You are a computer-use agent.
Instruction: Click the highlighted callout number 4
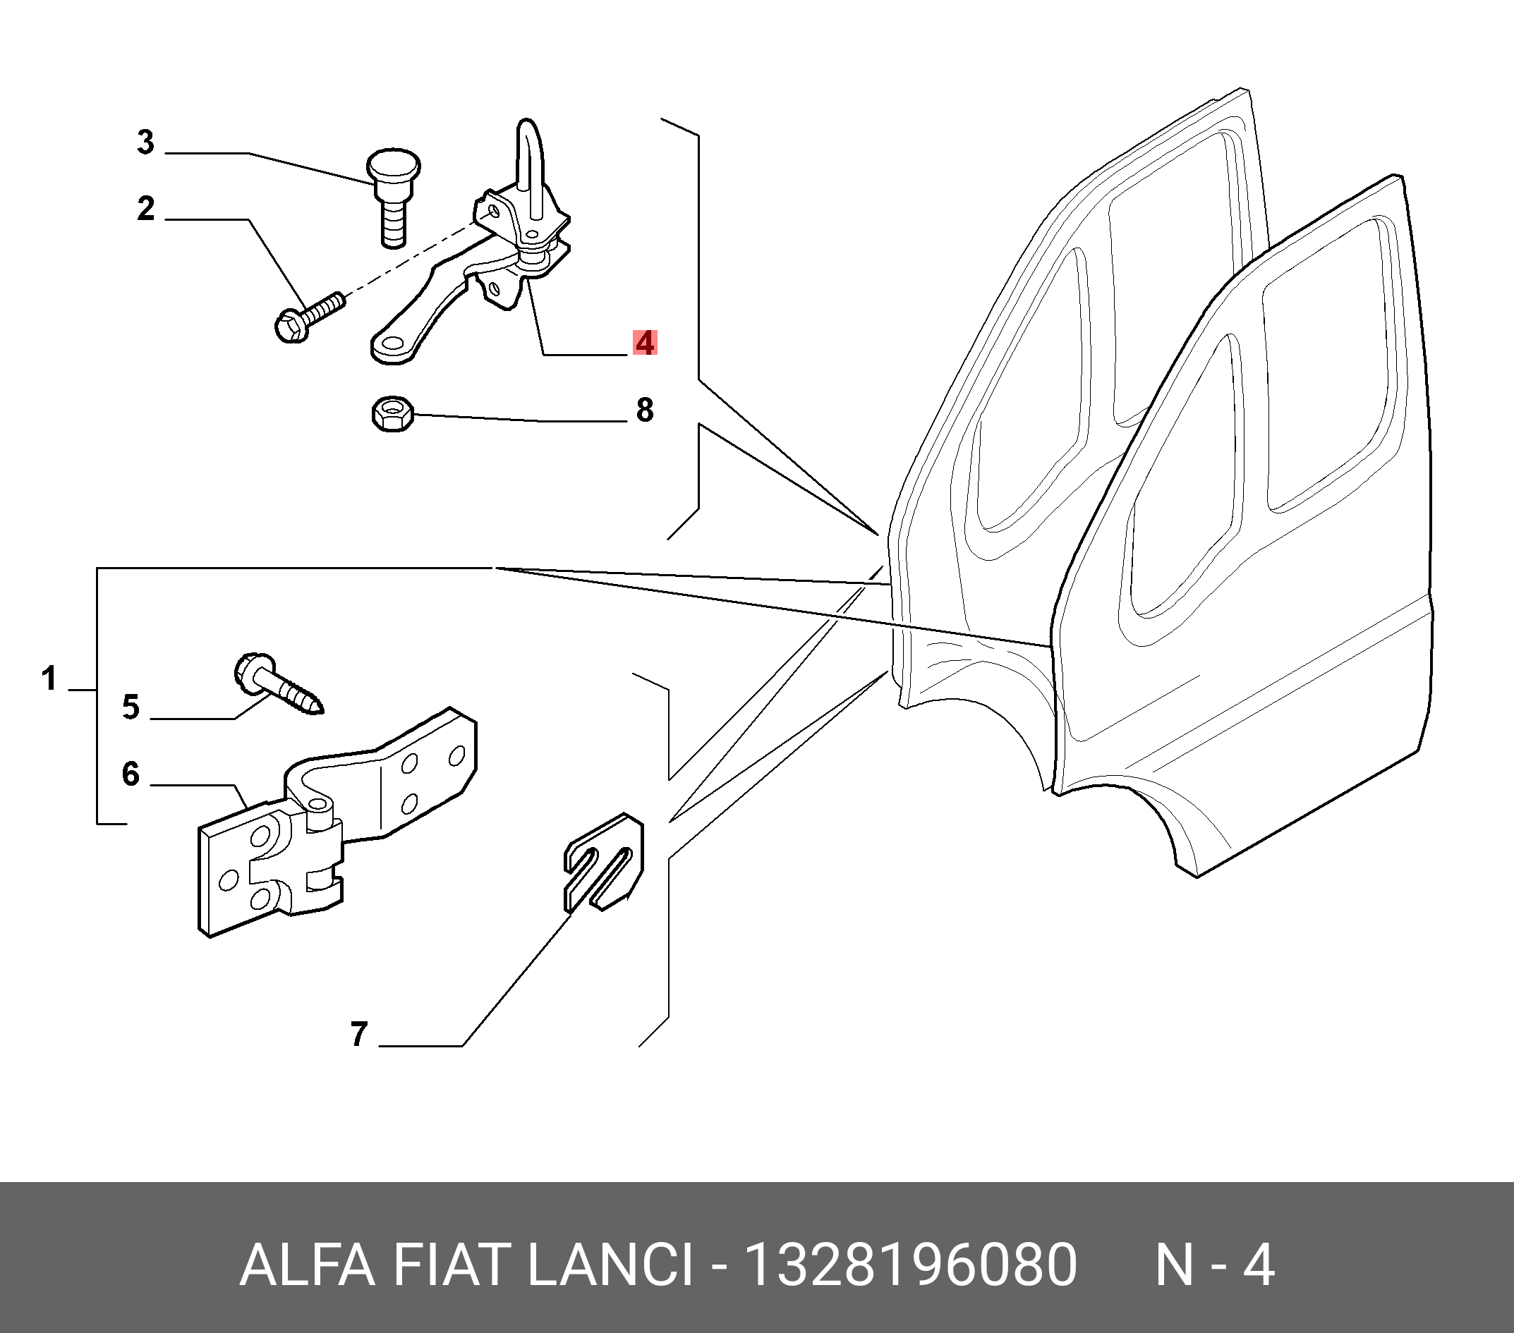(x=644, y=343)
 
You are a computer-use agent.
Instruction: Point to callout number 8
(x=644, y=410)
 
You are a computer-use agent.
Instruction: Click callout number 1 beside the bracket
(x=49, y=678)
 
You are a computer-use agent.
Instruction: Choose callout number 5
(x=131, y=707)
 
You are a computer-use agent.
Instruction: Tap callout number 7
(x=358, y=1035)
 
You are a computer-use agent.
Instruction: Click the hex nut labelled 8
(x=392, y=413)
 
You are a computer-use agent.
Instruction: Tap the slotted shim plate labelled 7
(x=603, y=862)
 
